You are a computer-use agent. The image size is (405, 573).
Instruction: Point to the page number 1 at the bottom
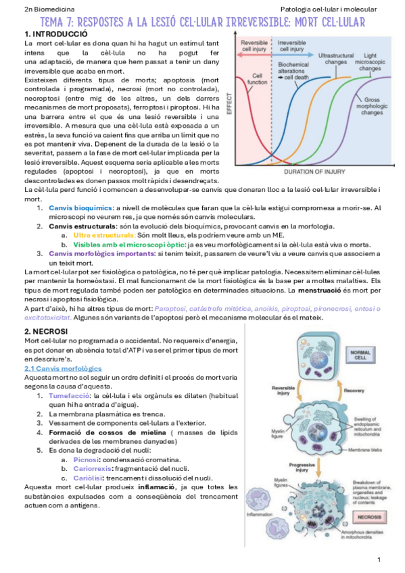coord(379,560)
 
